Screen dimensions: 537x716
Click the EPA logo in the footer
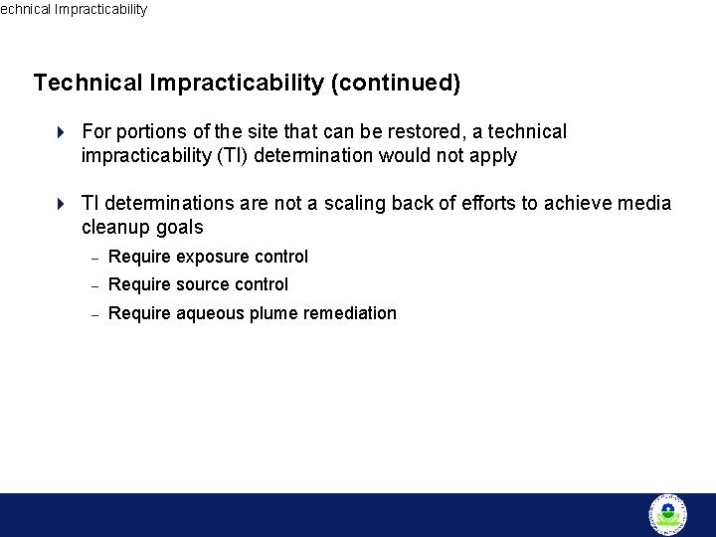667,514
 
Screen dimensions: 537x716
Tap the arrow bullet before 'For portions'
61,132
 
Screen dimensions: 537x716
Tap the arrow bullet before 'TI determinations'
61,204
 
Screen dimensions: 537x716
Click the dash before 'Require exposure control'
93,258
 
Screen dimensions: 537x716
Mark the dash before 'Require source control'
93,285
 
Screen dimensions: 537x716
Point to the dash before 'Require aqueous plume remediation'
93,314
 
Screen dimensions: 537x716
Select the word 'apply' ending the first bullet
493,157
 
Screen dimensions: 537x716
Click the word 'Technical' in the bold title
88,83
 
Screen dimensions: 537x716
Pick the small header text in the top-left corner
74,9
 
